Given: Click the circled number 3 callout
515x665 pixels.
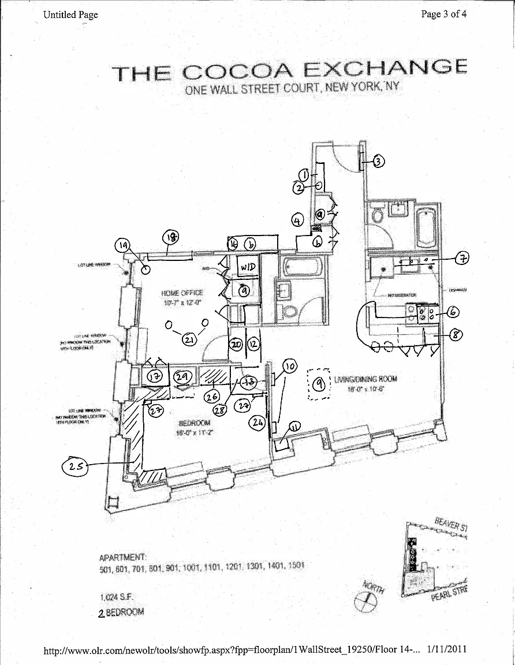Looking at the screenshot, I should click(378, 162).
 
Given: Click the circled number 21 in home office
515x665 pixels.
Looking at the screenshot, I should click(189, 340).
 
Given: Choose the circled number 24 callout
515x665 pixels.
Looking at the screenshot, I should click(257, 423).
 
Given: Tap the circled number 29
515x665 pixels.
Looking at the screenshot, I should click(183, 376).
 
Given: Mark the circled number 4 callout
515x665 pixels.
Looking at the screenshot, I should click(297, 220).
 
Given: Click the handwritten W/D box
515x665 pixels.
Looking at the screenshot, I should click(248, 267).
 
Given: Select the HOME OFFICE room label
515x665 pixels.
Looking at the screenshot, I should click(182, 293).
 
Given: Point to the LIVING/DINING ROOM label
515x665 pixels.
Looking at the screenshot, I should click(365, 379).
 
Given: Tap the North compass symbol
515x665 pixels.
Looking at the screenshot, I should click(365, 603).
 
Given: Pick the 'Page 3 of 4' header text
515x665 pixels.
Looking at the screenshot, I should click(443, 14).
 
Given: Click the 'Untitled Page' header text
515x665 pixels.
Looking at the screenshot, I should click(70, 14).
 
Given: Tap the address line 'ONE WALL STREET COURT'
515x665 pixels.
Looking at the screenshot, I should click(252, 89).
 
